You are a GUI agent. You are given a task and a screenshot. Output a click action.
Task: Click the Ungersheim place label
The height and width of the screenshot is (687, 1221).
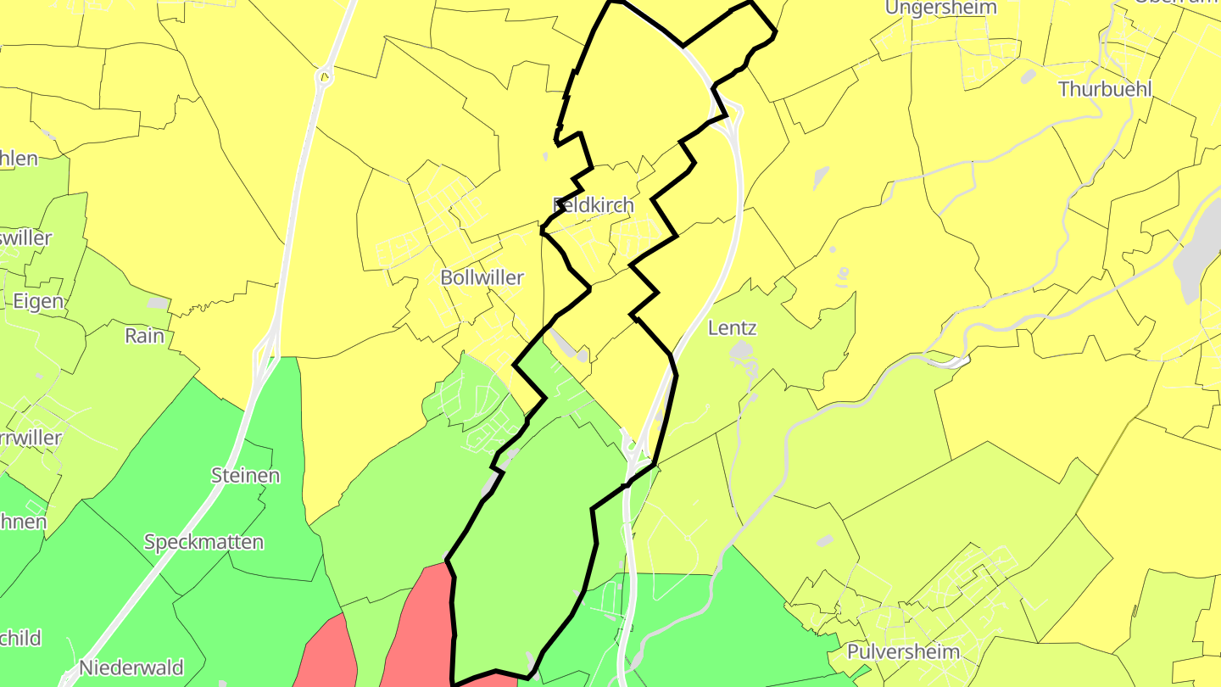(x=941, y=8)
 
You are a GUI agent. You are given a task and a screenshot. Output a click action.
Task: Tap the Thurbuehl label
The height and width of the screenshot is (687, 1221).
(x=1105, y=89)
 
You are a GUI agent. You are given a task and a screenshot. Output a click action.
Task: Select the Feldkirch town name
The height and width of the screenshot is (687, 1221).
(x=594, y=205)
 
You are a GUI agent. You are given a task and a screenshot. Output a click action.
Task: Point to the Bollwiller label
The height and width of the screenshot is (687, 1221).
(x=482, y=277)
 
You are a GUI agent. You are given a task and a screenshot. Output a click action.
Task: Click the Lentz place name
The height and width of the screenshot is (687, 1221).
(x=732, y=328)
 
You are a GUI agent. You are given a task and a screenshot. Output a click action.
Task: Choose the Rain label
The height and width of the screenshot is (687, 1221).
(x=144, y=336)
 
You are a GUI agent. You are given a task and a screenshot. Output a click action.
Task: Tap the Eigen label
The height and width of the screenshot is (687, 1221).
(x=38, y=301)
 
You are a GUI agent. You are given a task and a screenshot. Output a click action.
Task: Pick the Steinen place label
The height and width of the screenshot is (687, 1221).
(x=245, y=476)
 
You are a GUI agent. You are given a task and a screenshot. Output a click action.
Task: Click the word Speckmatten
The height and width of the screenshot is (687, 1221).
(x=203, y=542)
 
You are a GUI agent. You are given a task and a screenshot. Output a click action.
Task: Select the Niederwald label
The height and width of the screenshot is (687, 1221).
(x=131, y=667)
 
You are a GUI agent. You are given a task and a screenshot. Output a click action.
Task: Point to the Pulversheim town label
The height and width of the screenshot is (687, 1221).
(x=903, y=652)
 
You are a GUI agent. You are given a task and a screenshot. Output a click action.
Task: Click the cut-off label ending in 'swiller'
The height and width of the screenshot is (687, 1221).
(x=25, y=238)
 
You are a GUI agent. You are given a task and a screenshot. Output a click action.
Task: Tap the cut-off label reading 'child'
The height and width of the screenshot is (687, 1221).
(x=20, y=639)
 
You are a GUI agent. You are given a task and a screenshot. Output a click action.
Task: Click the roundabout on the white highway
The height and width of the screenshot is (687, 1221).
(x=324, y=77)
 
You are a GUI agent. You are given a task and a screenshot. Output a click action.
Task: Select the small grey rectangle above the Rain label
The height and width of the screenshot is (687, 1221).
(x=158, y=303)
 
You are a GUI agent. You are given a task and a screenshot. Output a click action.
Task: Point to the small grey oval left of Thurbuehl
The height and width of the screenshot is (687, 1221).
(x=1029, y=76)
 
